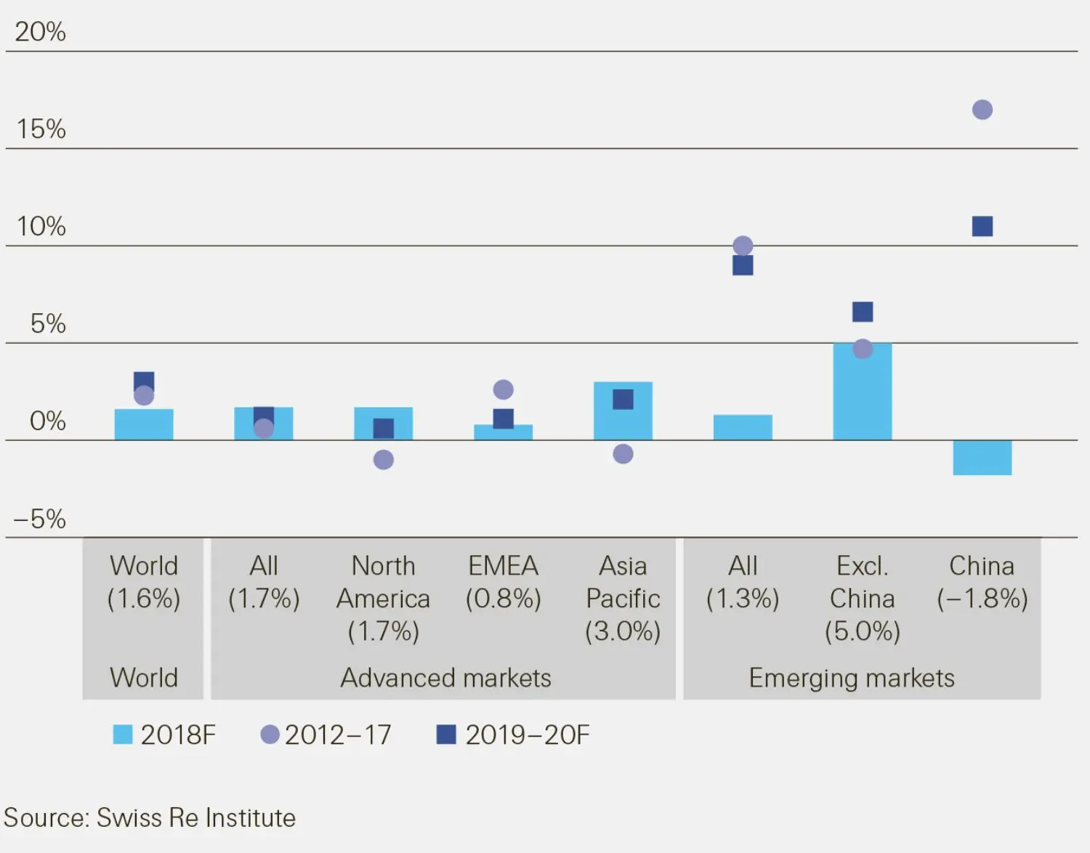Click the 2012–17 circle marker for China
(x=982, y=110)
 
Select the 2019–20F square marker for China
(x=982, y=227)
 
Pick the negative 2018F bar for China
(x=982, y=458)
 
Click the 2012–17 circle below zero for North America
(x=383, y=460)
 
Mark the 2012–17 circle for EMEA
(x=503, y=390)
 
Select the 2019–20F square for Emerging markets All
(x=743, y=266)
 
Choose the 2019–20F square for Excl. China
(x=862, y=312)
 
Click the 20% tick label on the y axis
(x=41, y=32)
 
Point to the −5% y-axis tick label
(x=41, y=520)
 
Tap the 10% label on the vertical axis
(x=41, y=227)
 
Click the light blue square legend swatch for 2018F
(x=123, y=735)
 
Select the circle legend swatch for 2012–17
(x=270, y=735)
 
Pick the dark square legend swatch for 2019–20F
(x=445, y=735)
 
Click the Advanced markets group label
(x=445, y=678)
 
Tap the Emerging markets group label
(x=851, y=678)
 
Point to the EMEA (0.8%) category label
(x=503, y=582)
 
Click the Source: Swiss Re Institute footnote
(x=150, y=818)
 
